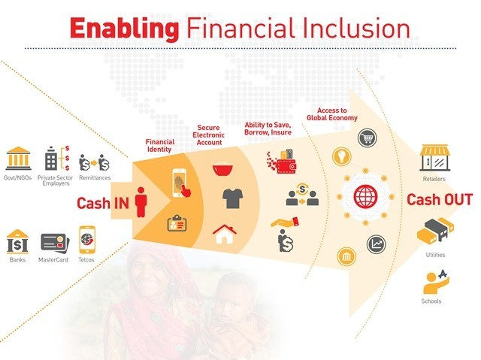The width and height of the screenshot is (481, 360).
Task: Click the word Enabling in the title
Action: coord(124,28)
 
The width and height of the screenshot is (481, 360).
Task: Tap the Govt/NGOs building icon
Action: coord(17,159)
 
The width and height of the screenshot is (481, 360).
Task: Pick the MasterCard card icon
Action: coord(54,242)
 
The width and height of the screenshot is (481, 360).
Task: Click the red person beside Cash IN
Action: coord(141,201)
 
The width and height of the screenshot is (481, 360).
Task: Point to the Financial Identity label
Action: coord(160,145)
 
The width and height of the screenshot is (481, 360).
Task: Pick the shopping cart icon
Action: coord(368,138)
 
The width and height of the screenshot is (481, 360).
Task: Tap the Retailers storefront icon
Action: coord(435,157)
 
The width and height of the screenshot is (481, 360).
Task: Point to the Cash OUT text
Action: coord(439,200)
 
